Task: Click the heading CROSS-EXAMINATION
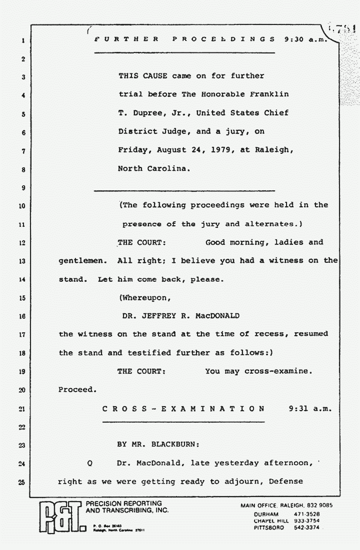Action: click(183, 409)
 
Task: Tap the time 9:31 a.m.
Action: click(310, 409)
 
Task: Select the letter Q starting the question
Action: click(89, 463)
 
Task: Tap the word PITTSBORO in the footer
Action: click(269, 527)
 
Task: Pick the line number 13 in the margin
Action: click(23, 261)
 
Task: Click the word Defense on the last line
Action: click(285, 482)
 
